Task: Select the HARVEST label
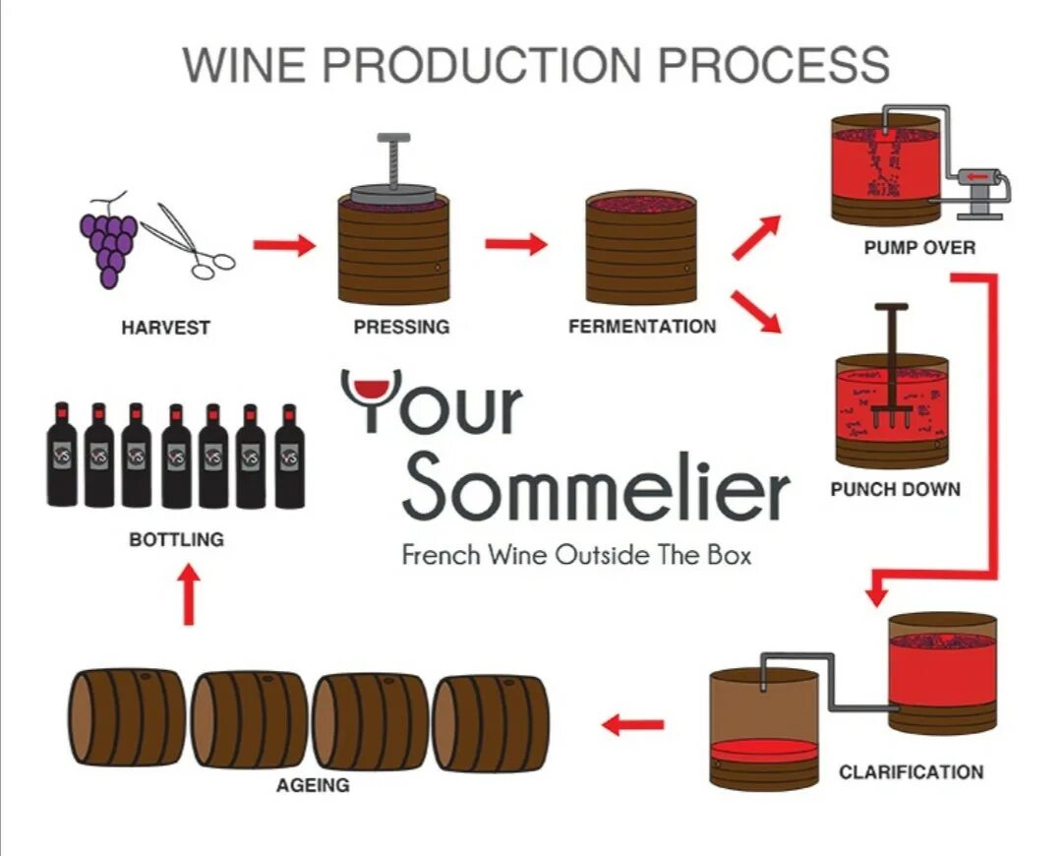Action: [165, 328]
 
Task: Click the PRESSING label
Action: [401, 328]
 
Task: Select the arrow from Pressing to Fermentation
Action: [515, 244]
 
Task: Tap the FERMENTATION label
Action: [642, 327]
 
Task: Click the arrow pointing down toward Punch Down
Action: [756, 311]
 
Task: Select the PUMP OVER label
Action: [919, 248]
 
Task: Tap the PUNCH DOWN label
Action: [895, 489]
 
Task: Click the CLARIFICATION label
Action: [911, 772]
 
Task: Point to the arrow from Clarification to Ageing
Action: [633, 726]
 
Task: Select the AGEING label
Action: [313, 785]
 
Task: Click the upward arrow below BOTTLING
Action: [190, 595]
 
